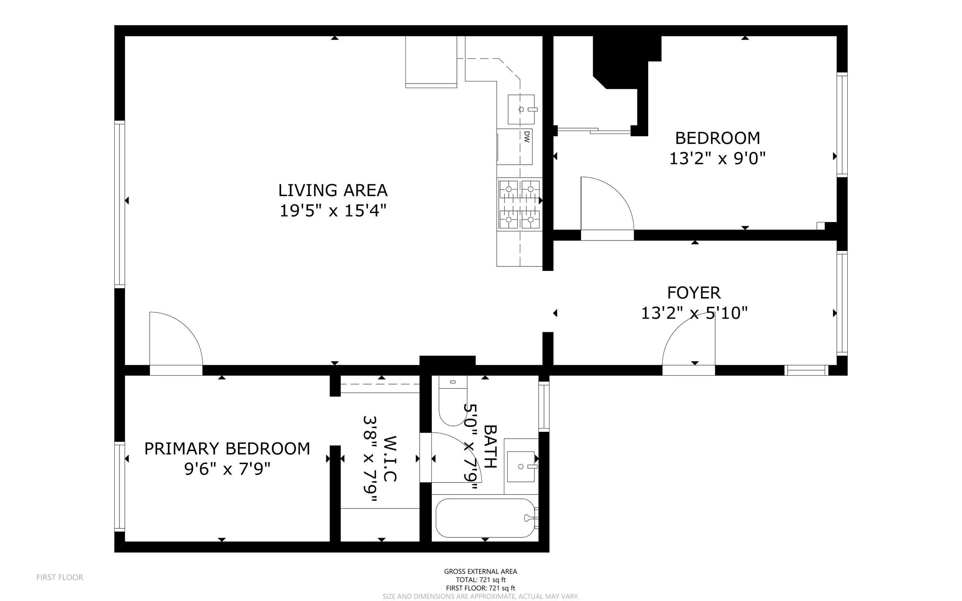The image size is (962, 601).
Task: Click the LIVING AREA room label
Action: [x=333, y=190]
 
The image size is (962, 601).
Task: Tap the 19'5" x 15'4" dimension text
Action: [x=333, y=211]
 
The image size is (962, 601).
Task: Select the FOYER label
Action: [x=694, y=293]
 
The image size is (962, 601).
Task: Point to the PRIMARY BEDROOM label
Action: [x=227, y=449]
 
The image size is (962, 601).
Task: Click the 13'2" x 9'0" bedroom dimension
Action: [x=717, y=159]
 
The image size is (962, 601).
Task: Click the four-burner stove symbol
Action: [x=520, y=204]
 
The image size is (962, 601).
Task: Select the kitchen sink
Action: [x=521, y=109]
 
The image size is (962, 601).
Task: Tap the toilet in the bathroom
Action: [x=453, y=401]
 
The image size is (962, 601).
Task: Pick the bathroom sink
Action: [x=521, y=466]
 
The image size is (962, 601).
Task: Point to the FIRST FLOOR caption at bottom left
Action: [x=60, y=578]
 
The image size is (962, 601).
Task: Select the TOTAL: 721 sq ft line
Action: [x=480, y=580]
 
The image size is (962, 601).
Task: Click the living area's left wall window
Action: [x=120, y=204]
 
